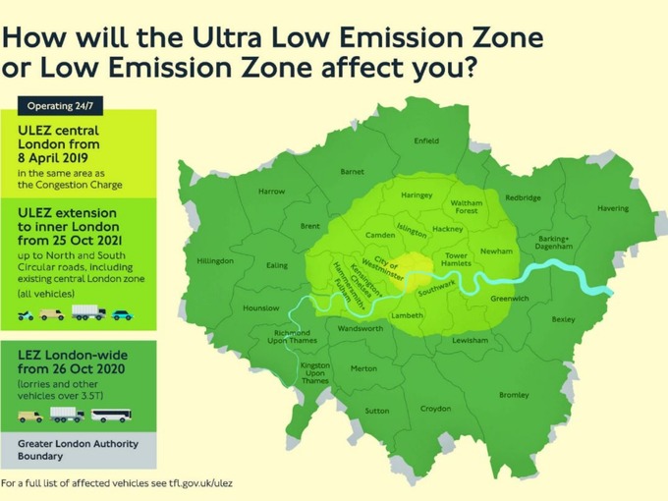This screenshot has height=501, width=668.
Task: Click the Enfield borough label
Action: pos(426,140)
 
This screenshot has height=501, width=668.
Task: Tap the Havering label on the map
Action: pos(613,208)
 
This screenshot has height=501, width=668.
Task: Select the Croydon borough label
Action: pos(435,409)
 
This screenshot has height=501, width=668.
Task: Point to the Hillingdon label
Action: pos(215,260)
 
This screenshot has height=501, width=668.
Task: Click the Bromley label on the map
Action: pos(514,395)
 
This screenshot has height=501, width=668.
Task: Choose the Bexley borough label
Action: pos(563,319)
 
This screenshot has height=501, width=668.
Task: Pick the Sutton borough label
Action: pos(376,411)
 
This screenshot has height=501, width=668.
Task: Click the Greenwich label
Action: pos(510,298)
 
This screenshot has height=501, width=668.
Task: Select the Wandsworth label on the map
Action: pos(361,329)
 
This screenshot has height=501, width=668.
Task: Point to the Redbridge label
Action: pos(523,197)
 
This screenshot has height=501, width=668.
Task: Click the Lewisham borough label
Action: pos(470,340)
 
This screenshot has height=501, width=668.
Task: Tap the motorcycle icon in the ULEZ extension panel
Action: pos(26,315)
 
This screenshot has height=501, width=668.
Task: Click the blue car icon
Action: pos(121,314)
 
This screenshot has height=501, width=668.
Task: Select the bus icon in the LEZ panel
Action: pos(111,416)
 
